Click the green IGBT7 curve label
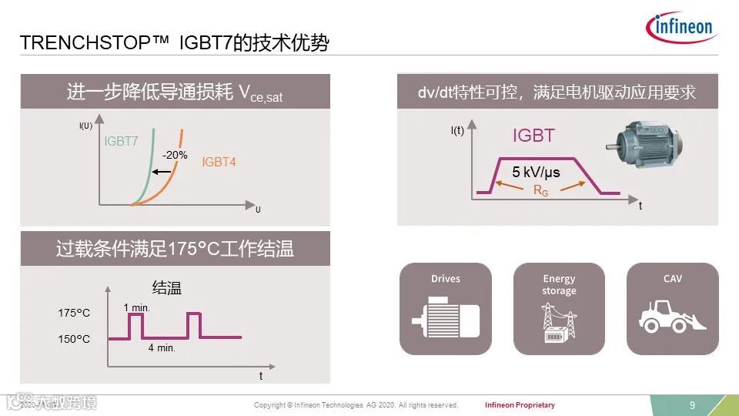pyautogui.click(x=122, y=141)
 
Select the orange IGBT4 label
pyautogui.click(x=219, y=163)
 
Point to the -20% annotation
pyautogui.click(x=175, y=155)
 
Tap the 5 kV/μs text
pyautogui.click(x=537, y=172)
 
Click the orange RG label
pyautogui.click(x=540, y=190)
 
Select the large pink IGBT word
pyautogui.click(x=533, y=136)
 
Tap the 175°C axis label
pyautogui.click(x=74, y=313)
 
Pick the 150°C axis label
pyautogui.click(x=74, y=339)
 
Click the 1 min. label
pyautogui.click(x=136, y=307)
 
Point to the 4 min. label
pyautogui.click(x=162, y=347)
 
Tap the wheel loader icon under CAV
pyautogui.click(x=672, y=315)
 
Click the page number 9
pyautogui.click(x=692, y=405)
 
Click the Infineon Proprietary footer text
pyautogui.click(x=520, y=405)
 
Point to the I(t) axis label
pyautogui.click(x=457, y=130)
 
